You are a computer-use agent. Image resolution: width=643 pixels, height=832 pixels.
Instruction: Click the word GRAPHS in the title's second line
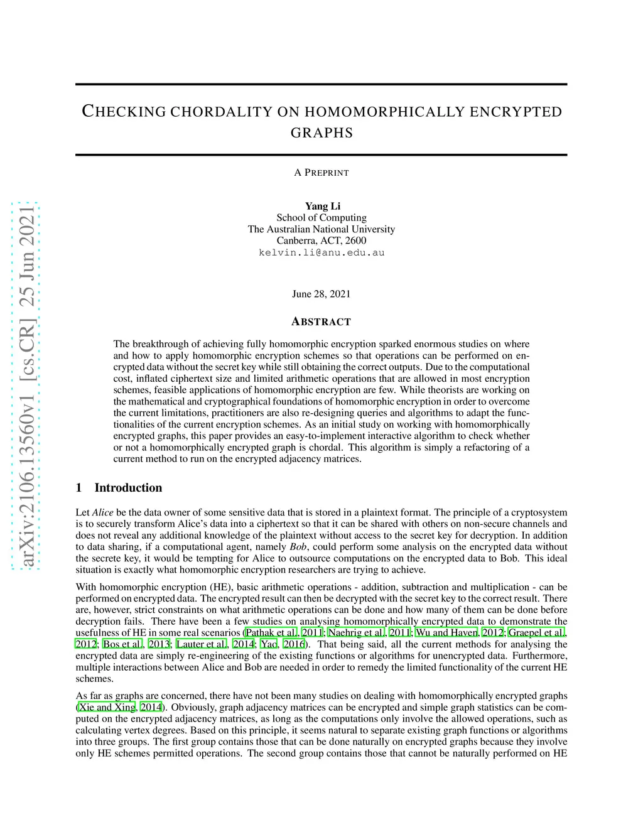coord(321,133)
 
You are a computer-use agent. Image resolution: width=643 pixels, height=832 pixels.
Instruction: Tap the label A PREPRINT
coord(321,173)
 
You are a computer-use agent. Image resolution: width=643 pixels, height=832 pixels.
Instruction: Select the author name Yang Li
coord(322,206)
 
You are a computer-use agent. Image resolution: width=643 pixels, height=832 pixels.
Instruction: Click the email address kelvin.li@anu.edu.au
coord(321,252)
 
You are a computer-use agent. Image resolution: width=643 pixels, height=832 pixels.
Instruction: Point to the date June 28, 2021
coord(321,294)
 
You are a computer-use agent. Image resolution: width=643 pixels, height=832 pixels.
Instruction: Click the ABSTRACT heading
coord(321,322)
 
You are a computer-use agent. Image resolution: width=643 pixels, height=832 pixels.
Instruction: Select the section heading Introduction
coord(128,488)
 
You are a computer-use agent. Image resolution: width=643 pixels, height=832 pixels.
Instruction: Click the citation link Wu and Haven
coord(446,633)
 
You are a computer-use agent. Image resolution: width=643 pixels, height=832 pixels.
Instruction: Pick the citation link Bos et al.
coord(123,644)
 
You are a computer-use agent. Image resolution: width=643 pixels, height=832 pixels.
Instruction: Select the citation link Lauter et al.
coord(202,644)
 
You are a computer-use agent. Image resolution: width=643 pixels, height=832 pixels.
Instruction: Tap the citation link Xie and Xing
coord(107,708)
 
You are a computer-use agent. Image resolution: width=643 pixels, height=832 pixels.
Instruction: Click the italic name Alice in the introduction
coord(103,512)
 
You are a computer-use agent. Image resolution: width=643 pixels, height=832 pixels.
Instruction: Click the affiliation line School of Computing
coord(321,218)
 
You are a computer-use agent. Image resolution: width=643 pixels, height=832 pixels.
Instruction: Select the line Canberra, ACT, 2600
coord(321,240)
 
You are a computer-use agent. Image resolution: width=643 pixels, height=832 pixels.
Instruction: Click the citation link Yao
coord(268,644)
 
